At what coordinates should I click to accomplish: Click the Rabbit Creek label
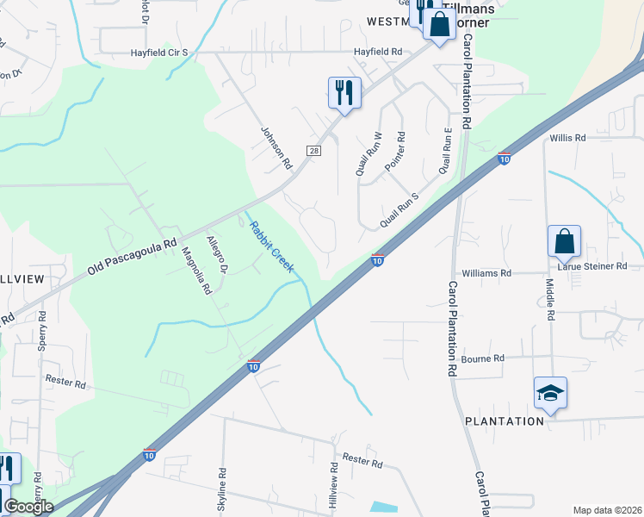click(271, 247)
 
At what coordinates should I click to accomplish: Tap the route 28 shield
click(314, 150)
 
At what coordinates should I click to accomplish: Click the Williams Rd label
click(486, 272)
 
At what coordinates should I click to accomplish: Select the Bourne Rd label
click(482, 358)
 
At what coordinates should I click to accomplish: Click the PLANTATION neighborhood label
click(505, 421)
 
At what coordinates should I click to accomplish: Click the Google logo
click(29, 507)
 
